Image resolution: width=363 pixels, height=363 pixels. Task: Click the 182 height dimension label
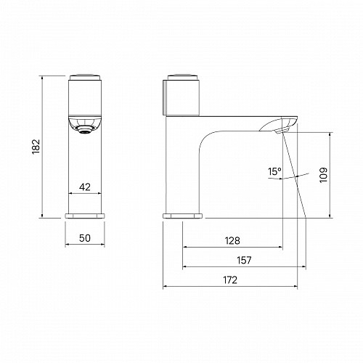pos(36,147)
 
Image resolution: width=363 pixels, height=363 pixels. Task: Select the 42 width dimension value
pos(85,187)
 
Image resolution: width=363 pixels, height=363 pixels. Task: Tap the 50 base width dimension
pos(85,238)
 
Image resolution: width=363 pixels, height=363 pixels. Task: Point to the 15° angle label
pos(274,171)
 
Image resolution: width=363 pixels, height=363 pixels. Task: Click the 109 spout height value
pos(323,175)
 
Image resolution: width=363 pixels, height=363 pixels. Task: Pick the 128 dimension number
pos(232,241)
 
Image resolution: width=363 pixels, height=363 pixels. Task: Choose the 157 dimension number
pos(244,261)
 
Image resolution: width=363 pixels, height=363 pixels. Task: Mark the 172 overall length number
pos(230,280)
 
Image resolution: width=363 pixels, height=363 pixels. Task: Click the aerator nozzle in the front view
pos(85,130)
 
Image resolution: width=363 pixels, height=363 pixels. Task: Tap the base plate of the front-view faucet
pos(85,216)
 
